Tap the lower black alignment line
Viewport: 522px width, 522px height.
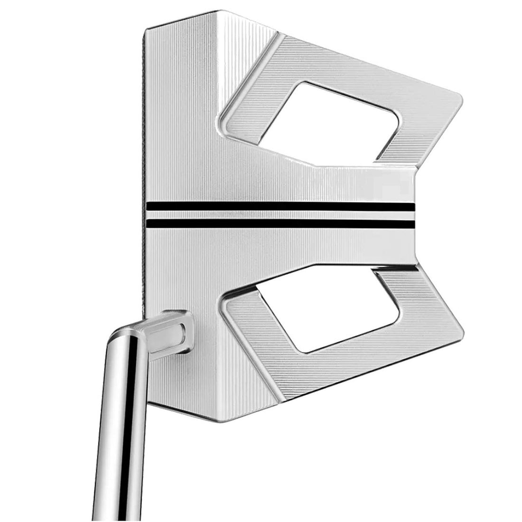(x=280, y=222)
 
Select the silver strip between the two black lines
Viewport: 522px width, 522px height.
(x=280, y=214)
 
